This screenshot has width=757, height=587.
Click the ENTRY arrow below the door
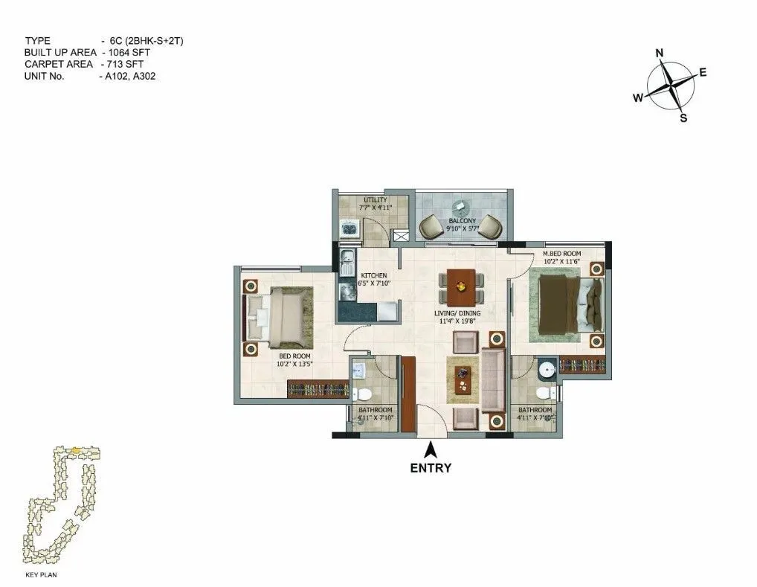430,449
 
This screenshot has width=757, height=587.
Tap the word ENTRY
431,468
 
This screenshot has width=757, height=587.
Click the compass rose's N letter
659,53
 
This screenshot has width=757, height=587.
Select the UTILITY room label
375,199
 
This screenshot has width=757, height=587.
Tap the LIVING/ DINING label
457,313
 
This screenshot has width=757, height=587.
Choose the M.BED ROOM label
562,254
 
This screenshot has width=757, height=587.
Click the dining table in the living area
461,285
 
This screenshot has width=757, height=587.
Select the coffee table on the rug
464,376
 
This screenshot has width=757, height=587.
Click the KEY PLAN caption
42,575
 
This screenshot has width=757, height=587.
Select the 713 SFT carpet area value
126,64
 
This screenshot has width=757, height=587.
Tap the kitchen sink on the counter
347,262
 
